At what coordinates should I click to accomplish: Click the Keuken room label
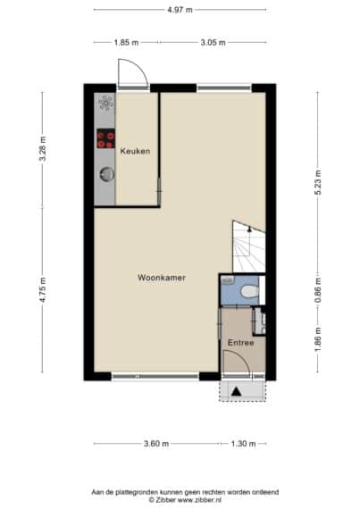[135, 151]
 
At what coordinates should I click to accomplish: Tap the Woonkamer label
[162, 278]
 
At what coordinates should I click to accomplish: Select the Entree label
[241, 343]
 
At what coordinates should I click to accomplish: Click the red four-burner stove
[105, 138]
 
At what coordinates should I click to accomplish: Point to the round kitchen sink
[107, 174]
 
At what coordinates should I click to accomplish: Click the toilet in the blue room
[249, 291]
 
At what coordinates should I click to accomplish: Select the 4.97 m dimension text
[180, 10]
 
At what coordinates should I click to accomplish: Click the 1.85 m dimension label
[126, 42]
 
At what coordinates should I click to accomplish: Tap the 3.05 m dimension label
[213, 42]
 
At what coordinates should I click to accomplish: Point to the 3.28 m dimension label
[42, 148]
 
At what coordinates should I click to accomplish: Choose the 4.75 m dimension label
[42, 290]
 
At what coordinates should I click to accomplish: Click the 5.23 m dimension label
[318, 182]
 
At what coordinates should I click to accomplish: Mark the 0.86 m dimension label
[318, 290]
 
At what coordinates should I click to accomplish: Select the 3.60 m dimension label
[156, 444]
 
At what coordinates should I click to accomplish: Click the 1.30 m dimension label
[244, 444]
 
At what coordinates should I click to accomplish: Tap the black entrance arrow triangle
[236, 392]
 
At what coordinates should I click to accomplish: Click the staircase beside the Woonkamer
[249, 246]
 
